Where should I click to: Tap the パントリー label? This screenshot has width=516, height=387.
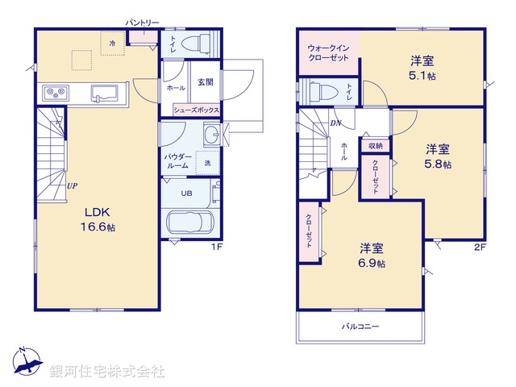click(x=143, y=23)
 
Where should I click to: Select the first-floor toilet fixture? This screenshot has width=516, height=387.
click(x=194, y=42)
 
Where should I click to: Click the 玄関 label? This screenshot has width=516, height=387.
click(x=206, y=81)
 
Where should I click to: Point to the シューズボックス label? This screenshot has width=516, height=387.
click(x=196, y=108)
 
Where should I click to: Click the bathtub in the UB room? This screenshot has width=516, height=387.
click(x=189, y=223)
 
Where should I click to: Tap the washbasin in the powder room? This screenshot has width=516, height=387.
click(x=211, y=135)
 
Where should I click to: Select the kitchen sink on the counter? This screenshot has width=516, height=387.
click(x=104, y=91)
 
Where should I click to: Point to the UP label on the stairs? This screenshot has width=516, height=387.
click(x=72, y=186)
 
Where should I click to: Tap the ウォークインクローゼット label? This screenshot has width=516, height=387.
click(x=327, y=54)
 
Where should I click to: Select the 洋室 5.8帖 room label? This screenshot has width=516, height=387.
click(x=438, y=156)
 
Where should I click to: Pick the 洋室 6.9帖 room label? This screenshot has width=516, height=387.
click(x=372, y=255)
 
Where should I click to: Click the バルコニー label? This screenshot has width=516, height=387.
click(x=360, y=327)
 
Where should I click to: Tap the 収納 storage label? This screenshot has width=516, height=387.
click(x=376, y=146)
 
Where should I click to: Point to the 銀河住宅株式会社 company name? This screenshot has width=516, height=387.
click(x=107, y=372)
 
